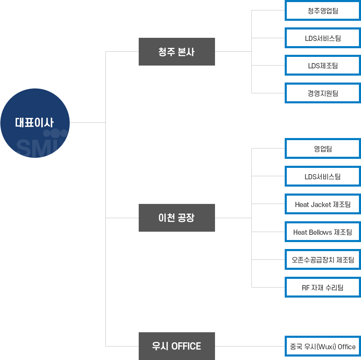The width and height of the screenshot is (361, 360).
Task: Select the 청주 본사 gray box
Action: pyautogui.click(x=177, y=52)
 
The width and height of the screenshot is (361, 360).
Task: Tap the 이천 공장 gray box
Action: pyautogui.click(x=177, y=218)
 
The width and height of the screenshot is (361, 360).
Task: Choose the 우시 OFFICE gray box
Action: pyautogui.click(x=177, y=346)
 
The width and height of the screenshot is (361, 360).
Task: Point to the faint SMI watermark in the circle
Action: pyautogui.click(x=38, y=148)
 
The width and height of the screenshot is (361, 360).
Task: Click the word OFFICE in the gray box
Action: pyautogui.click(x=186, y=346)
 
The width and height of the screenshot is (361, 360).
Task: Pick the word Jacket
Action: pyautogui.click(x=321, y=205)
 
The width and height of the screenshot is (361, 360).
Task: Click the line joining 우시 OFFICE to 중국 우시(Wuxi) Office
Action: pyautogui.click(x=250, y=346)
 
